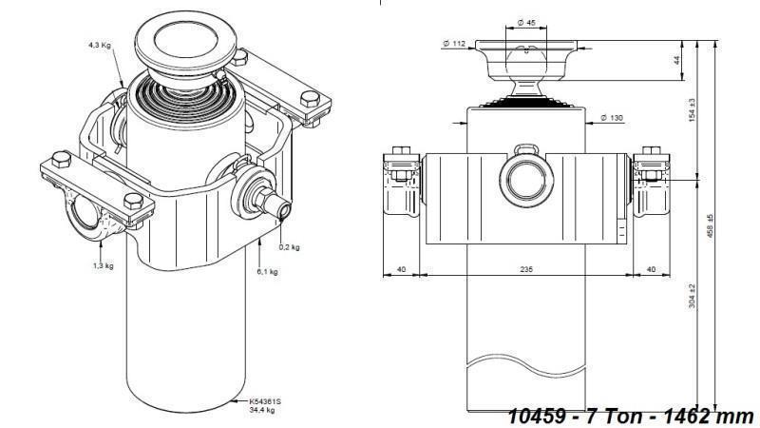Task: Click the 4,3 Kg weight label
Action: [x=101, y=45]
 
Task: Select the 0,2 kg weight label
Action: [x=289, y=247]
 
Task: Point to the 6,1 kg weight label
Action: [x=268, y=272]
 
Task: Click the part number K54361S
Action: [x=265, y=401]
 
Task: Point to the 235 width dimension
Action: [x=525, y=270]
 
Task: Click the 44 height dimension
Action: [x=676, y=60]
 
